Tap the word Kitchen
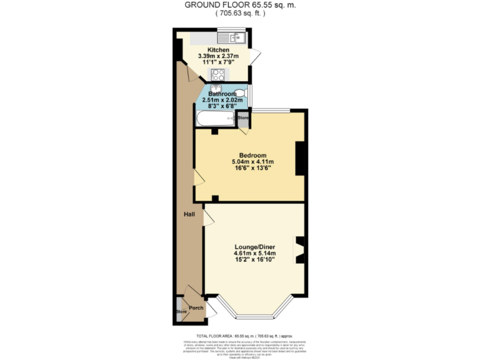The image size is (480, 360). (x=219, y=50)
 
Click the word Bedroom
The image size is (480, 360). (x=253, y=156)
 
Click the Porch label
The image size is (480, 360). (x=196, y=307)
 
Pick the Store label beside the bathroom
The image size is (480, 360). (x=243, y=117)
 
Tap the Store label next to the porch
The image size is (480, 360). (x=181, y=312)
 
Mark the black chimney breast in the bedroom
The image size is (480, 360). (x=299, y=157)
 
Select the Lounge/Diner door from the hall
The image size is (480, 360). (x=207, y=216)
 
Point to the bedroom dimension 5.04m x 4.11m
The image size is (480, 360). (x=253, y=162)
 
